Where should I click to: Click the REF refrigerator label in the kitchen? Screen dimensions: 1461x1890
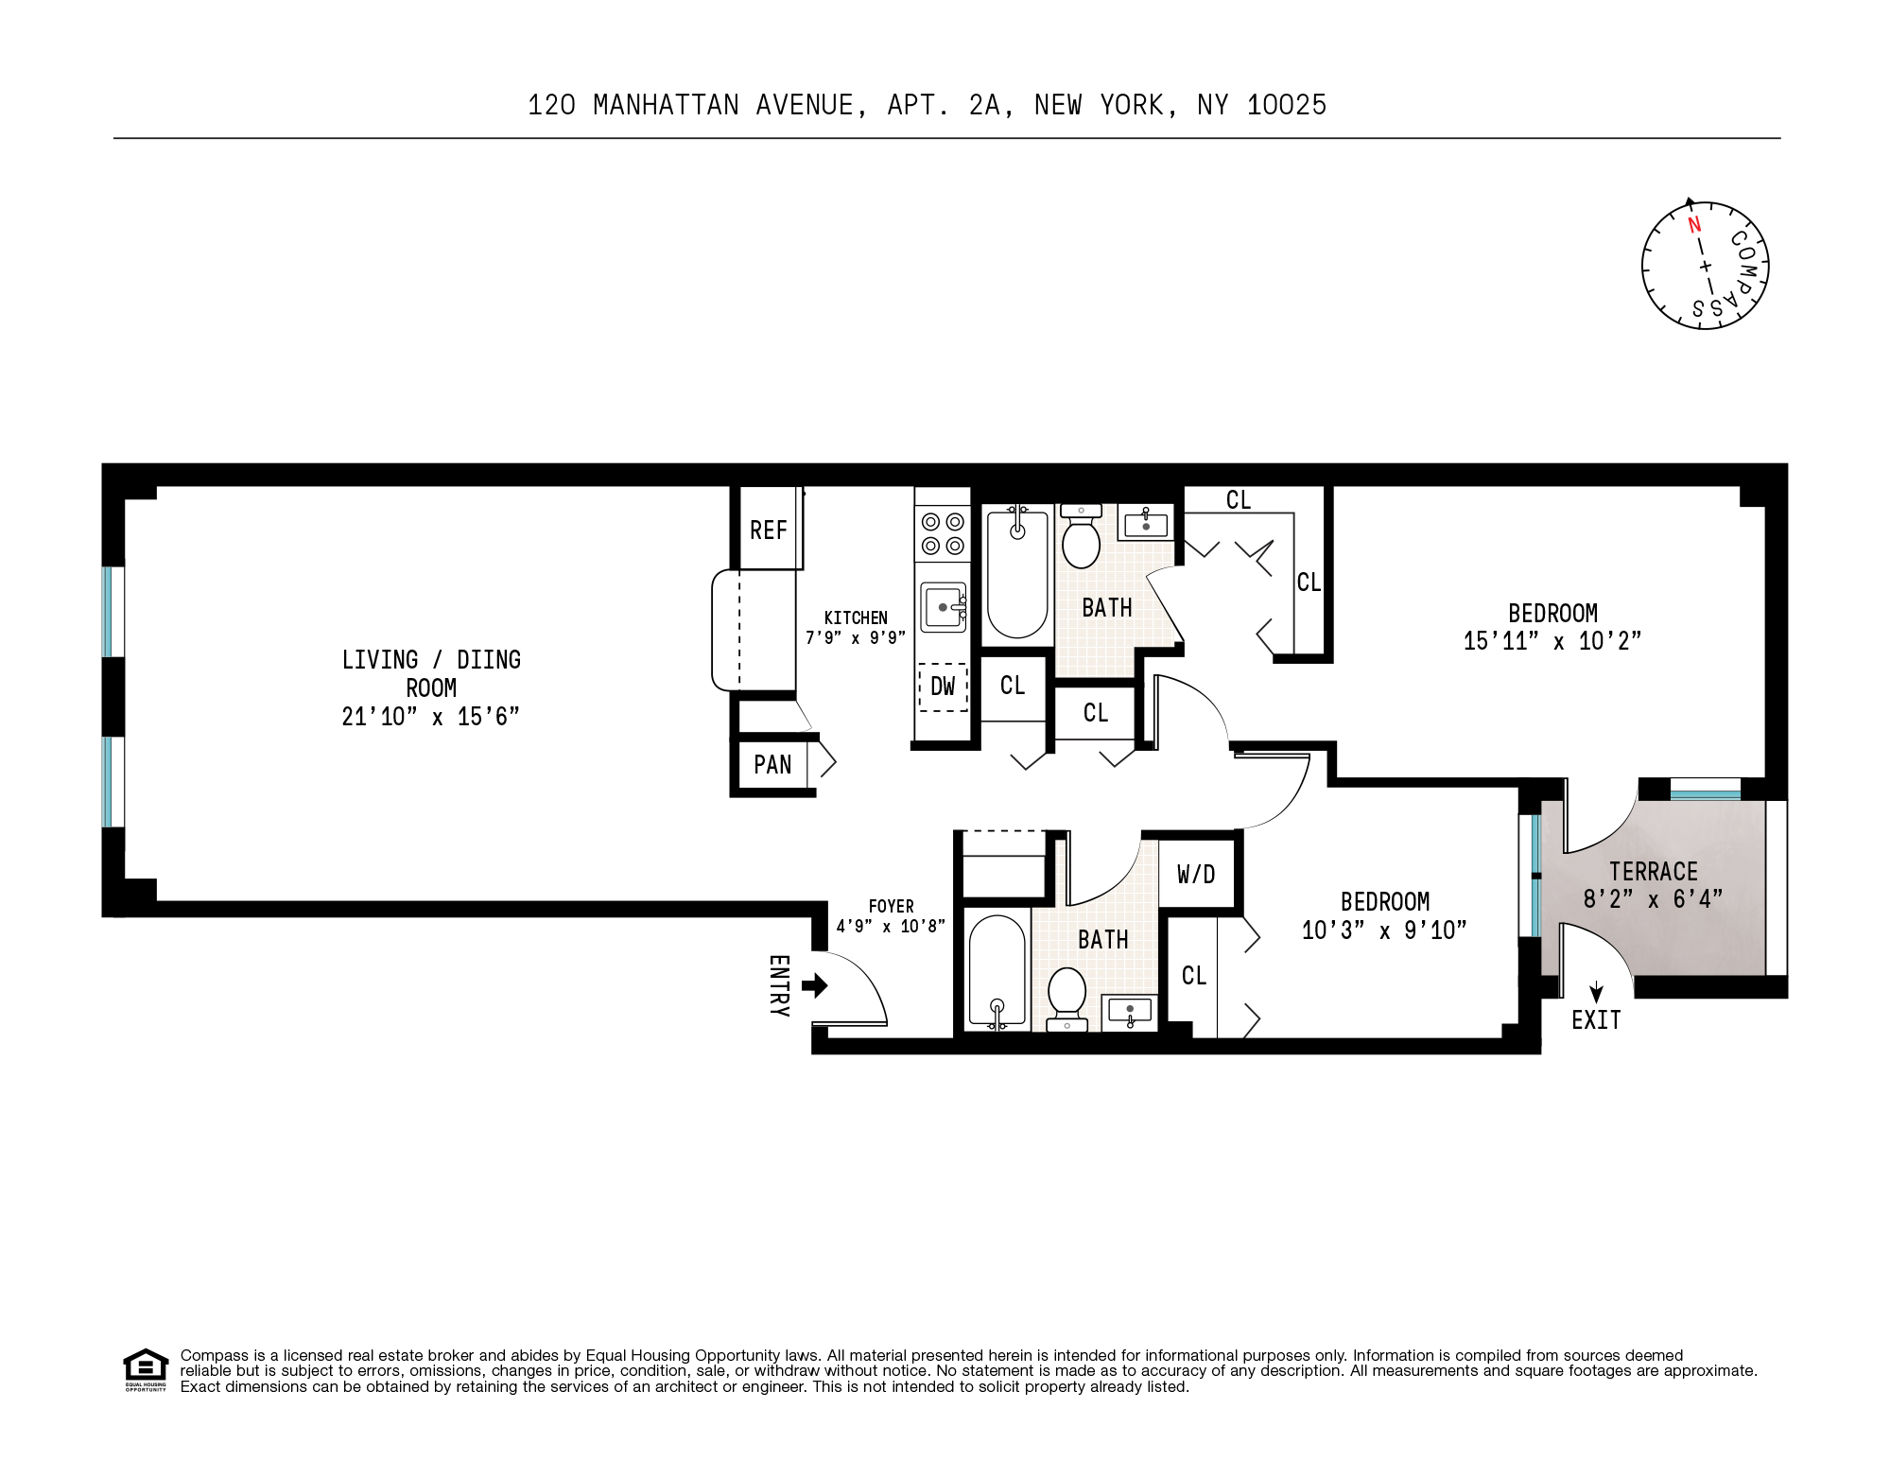pyautogui.click(x=768, y=530)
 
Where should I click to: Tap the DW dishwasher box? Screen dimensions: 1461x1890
pyautogui.click(x=943, y=687)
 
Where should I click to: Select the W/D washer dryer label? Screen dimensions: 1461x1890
pyautogui.click(x=1196, y=875)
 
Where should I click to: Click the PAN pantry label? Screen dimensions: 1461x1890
pyautogui.click(x=772, y=764)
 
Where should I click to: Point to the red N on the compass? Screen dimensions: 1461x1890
pyautogui.click(x=1694, y=225)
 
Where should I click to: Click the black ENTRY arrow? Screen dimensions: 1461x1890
pyautogui.click(x=814, y=986)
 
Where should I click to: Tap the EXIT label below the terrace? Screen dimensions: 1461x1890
pyautogui.click(x=1596, y=1020)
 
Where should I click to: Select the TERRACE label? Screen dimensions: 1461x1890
pyautogui.click(x=1654, y=871)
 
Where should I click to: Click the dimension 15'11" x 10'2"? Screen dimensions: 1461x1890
pyautogui.click(x=1552, y=641)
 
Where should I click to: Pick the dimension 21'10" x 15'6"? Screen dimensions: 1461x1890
pyautogui.click(x=430, y=717)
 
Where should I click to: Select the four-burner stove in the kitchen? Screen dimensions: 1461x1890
pyautogui.click(x=943, y=533)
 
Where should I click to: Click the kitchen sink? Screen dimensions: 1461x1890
pyautogui.click(x=944, y=606)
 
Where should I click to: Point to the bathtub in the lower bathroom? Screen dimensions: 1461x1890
pyautogui.click(x=997, y=970)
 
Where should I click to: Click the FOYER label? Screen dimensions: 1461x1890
pyautogui.click(x=891, y=907)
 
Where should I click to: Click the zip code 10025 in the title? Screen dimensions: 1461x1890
pyautogui.click(x=1286, y=105)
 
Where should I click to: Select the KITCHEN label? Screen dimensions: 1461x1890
pyautogui.click(x=856, y=617)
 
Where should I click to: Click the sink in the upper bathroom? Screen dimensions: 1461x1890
pyautogui.click(x=1146, y=523)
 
